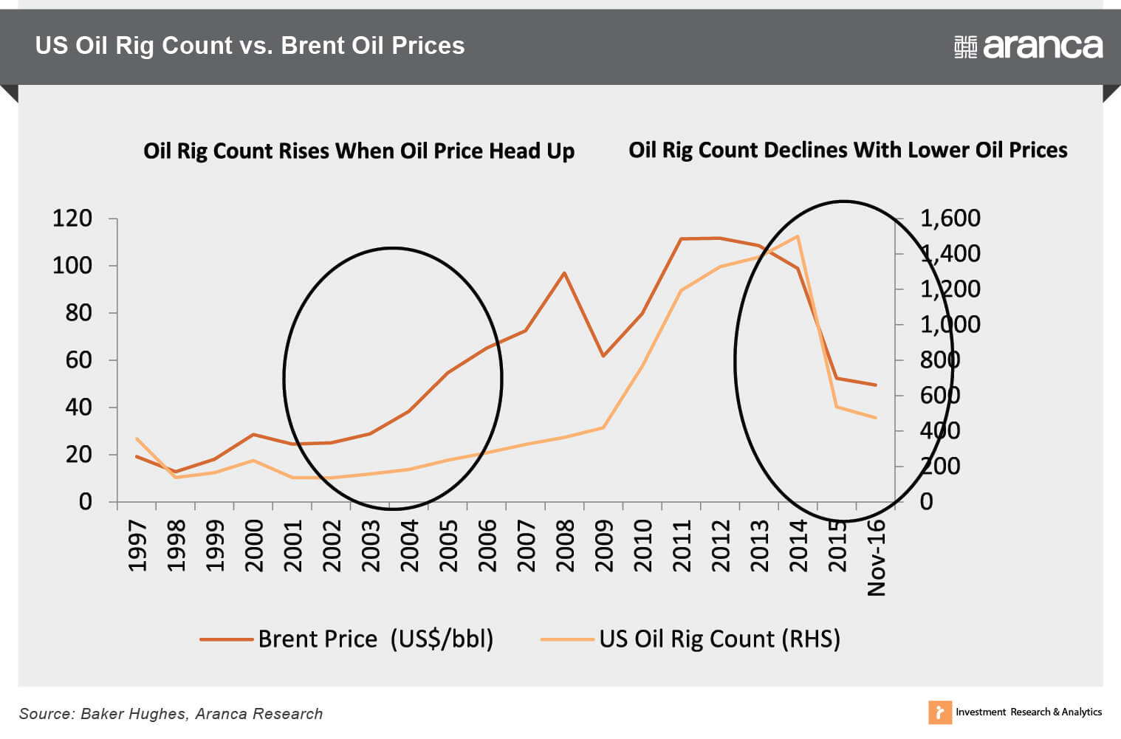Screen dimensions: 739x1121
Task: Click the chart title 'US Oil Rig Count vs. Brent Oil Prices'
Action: pos(250,46)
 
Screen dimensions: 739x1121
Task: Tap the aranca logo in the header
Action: pos(1028,47)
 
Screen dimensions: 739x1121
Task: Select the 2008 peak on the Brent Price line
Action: pos(564,273)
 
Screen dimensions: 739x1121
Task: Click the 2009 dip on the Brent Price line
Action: pos(603,356)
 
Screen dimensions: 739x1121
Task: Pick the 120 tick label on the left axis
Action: pos(72,219)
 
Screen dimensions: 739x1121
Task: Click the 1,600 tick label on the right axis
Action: pos(950,219)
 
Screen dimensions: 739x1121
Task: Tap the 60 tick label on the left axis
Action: pos(78,360)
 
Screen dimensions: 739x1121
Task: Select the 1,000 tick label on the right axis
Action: pos(950,325)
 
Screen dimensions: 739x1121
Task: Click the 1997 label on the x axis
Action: pos(137,546)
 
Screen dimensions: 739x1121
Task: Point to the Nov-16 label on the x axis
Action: pos(876,557)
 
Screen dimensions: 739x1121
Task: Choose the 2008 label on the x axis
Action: pos(565,546)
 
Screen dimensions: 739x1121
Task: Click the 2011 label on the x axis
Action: pos(682,546)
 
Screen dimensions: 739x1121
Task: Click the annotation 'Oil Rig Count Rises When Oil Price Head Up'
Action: pos(359,151)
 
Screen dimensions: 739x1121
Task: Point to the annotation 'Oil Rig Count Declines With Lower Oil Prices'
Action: pos(848,151)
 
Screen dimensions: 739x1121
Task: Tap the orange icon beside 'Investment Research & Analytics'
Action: pos(939,712)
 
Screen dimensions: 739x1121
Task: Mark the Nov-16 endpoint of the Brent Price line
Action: pos(876,385)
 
